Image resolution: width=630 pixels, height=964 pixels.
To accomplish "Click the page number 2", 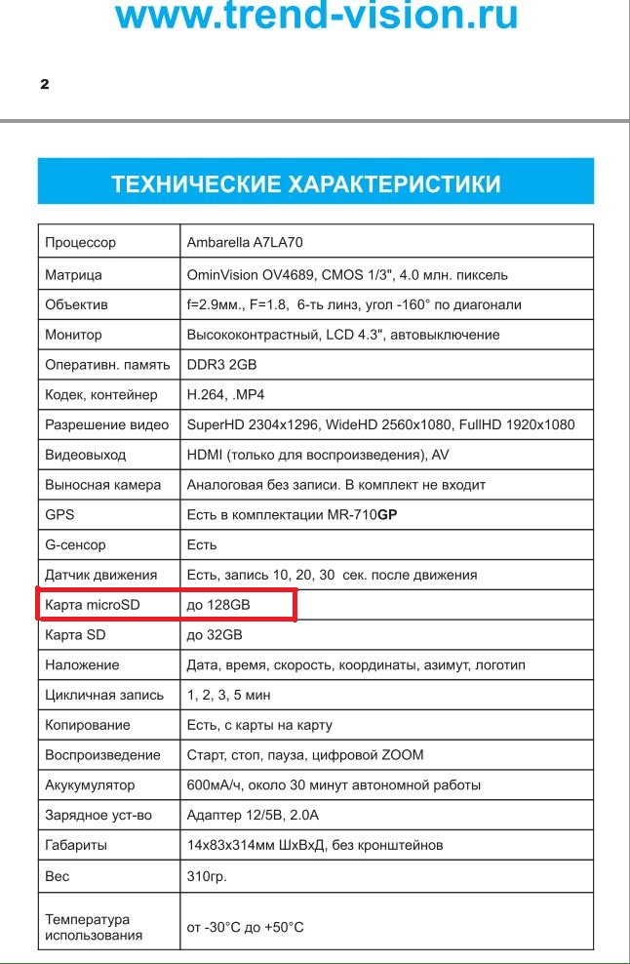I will point(44,84).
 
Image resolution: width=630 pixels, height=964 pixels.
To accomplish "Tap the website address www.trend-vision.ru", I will point(315,16).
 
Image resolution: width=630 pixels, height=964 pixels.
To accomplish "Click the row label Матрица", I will point(73,274).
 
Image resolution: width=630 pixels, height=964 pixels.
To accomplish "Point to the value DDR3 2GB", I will point(221,364).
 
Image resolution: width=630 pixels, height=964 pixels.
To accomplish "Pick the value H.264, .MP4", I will point(225,394).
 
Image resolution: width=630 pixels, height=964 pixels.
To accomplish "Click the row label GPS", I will point(59,514).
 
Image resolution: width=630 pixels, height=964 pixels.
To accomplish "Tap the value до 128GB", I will point(218,605).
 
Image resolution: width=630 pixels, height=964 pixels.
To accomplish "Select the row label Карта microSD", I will point(93,605).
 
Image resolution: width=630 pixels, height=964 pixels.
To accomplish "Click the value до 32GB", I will point(215,635).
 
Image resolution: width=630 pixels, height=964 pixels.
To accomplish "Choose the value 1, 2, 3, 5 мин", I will point(229,695).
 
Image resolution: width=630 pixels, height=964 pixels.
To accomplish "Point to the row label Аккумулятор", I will point(90,784).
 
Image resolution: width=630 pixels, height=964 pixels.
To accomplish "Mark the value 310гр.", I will point(207,875).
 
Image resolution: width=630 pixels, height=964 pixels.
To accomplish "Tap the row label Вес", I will point(58,875).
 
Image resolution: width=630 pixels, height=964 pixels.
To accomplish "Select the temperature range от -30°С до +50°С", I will point(245,926).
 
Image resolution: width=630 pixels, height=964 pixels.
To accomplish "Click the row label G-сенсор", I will point(75,544).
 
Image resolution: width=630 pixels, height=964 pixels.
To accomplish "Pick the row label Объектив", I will point(76,304).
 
